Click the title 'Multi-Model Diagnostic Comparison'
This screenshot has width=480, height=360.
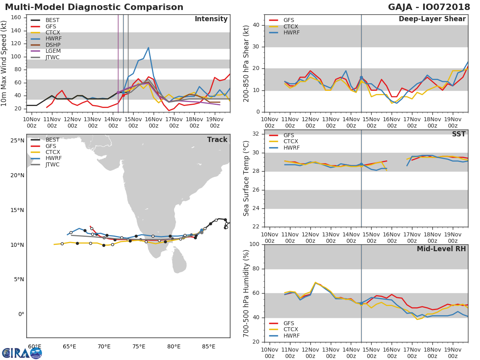(94, 7)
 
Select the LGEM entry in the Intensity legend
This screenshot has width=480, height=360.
(52, 51)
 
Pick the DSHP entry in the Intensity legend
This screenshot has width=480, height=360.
(52, 45)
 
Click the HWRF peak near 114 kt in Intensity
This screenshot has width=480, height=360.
(148, 48)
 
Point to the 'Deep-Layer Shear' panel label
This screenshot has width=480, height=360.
(432, 19)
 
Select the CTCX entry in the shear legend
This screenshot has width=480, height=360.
(291, 26)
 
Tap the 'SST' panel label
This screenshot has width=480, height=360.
(458, 134)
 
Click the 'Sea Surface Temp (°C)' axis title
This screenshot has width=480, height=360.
(246, 178)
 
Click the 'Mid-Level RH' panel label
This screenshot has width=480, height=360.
(441, 249)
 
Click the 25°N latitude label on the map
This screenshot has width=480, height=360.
(18, 140)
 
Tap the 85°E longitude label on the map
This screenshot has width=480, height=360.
(208, 346)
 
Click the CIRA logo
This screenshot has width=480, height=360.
(22, 353)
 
